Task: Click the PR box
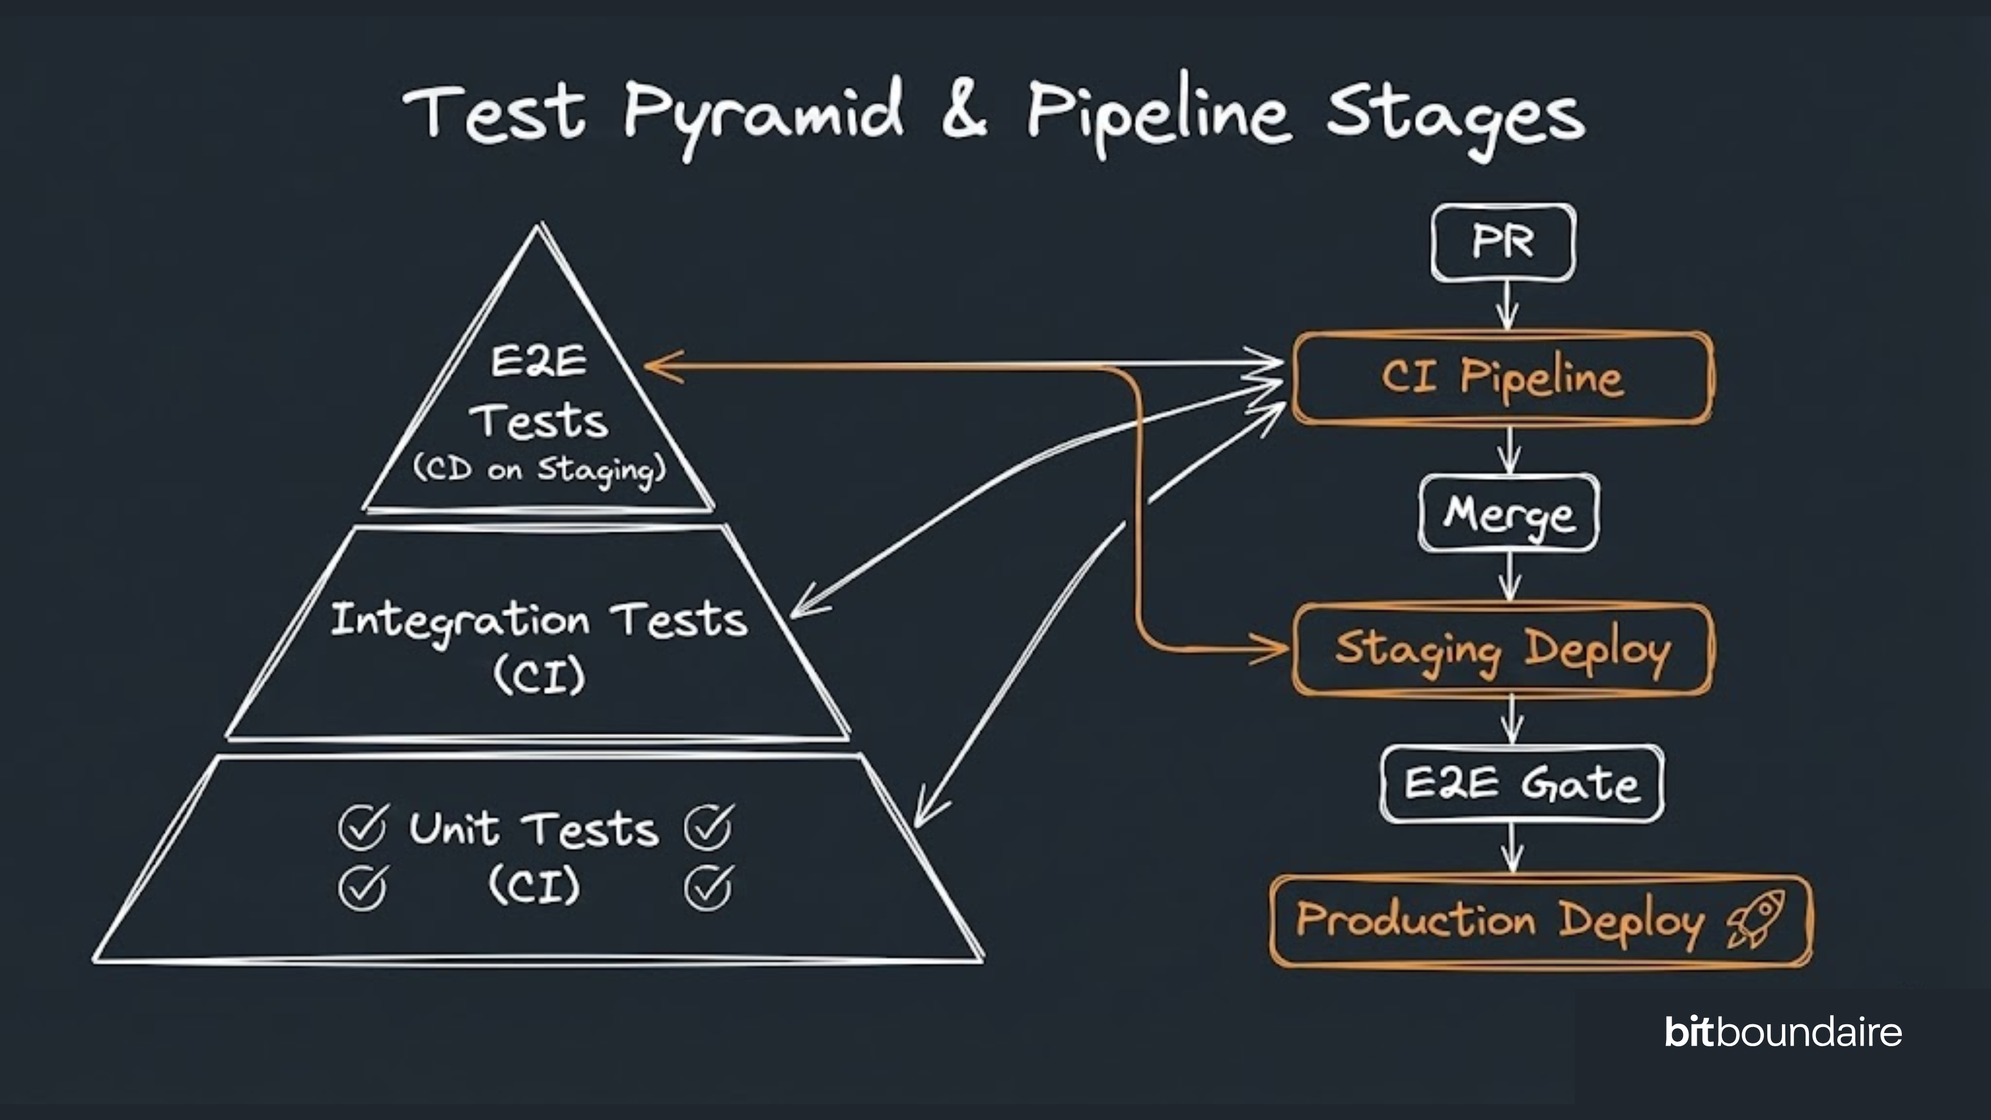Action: [x=1503, y=242]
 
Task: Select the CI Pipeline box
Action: [x=1503, y=378]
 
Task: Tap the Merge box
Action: [x=1509, y=513]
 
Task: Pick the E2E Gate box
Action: [x=1521, y=784]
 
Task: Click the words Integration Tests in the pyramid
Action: [x=539, y=621]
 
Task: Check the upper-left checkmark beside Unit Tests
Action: [x=362, y=827]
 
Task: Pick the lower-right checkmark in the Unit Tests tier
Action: [x=707, y=888]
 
